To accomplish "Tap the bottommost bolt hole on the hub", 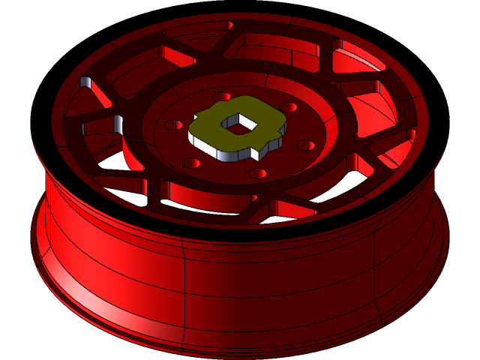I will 257,173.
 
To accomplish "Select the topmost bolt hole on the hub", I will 223,97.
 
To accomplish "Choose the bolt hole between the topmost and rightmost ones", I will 288,107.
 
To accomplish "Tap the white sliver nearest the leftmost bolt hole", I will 118,122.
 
